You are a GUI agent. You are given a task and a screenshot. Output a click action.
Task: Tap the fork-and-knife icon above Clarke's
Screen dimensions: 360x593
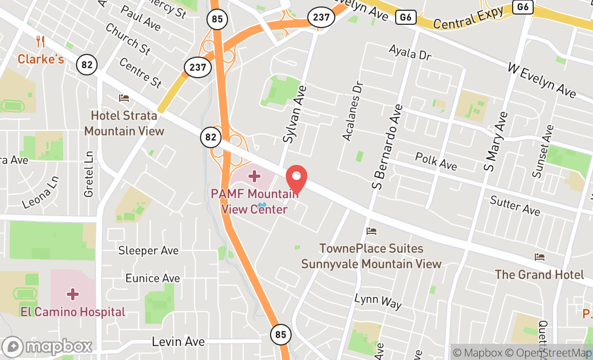pos(40,40)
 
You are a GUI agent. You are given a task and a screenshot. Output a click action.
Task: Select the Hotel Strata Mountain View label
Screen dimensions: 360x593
pos(124,123)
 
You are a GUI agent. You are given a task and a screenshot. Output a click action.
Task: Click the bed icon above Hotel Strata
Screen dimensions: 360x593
pos(124,98)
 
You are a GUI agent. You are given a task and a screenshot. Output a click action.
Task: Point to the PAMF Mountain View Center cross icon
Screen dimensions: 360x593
pos(254,176)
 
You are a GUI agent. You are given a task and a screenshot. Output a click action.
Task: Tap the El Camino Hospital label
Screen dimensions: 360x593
pos(73,311)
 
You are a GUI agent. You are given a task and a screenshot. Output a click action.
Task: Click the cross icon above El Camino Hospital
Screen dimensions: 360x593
pos(72,294)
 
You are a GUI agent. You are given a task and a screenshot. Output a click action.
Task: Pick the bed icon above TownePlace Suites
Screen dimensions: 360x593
pos(371,231)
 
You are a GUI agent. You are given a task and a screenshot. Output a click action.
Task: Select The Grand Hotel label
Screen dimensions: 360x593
pos(539,274)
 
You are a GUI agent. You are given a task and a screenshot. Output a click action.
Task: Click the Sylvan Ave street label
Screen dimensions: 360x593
pos(295,114)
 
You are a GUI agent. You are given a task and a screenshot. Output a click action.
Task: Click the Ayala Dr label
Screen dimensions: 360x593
pos(411,53)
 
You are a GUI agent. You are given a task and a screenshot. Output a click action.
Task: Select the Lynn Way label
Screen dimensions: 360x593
pos(378,301)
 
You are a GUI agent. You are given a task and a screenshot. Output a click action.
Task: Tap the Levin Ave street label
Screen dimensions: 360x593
pos(178,341)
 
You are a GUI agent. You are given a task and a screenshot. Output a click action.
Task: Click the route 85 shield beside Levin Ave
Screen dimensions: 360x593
pos(280,334)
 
